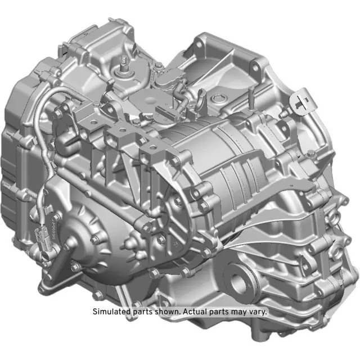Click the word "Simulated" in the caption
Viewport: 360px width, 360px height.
pos(110,311)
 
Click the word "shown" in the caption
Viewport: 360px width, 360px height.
pos(165,311)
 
